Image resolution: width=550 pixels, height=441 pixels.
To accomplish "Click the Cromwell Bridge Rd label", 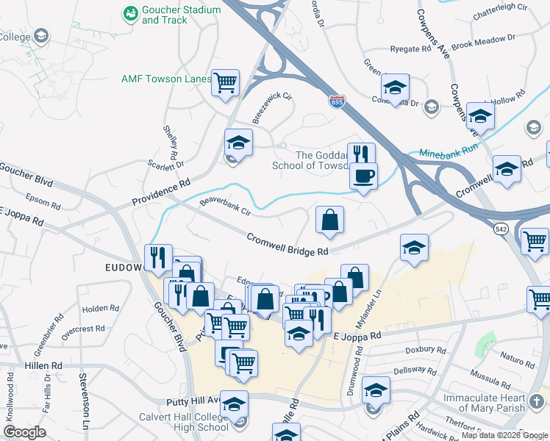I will [x=287, y=245].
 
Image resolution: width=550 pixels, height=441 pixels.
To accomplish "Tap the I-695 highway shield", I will [x=337, y=101].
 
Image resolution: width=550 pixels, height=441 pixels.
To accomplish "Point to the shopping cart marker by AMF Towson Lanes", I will [x=226, y=82].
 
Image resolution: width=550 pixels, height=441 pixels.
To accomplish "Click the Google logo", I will [x=25, y=432].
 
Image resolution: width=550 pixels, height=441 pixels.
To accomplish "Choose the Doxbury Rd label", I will [x=425, y=352].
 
